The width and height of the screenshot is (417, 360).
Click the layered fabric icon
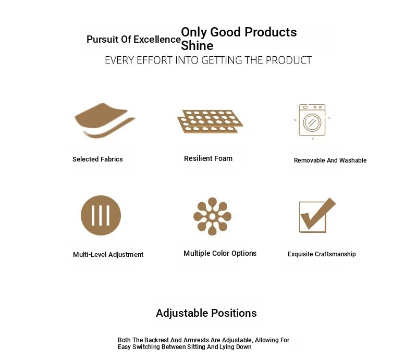point(105,120)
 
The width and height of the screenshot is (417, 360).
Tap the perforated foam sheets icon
point(210,121)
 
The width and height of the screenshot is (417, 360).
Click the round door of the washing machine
point(312,122)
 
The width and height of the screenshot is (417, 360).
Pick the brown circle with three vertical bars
point(101,215)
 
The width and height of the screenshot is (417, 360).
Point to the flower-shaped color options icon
point(212,216)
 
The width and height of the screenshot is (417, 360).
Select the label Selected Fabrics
point(97,159)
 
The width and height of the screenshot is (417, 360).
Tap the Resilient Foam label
point(208,158)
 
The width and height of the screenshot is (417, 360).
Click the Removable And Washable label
point(330,160)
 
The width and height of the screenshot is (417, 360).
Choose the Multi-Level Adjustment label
point(108,255)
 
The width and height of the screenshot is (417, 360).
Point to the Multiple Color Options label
point(220,253)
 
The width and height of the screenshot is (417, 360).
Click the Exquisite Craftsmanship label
point(322,254)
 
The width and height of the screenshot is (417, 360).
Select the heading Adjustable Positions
point(206,313)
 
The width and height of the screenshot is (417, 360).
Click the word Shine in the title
point(197,46)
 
